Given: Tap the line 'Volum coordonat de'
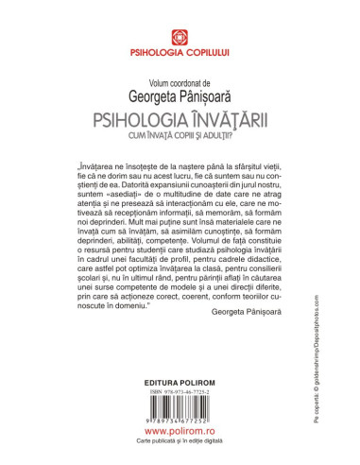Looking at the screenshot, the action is [179, 78].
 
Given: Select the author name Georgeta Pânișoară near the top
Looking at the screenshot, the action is [179, 94].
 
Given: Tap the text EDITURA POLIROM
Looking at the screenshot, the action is [179, 387].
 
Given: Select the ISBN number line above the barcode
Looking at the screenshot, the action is [179, 398].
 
